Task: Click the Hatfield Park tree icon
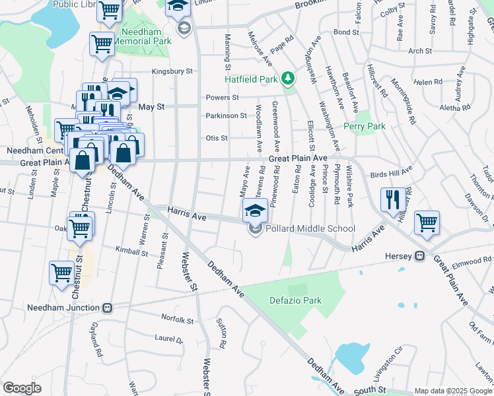coord(287,79)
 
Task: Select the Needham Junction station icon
coord(108,308)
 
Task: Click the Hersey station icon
coord(419,256)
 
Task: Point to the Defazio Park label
coord(295,300)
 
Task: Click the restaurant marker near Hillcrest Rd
coord(392,199)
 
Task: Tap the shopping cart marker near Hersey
coord(427,222)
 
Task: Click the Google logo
coord(22,388)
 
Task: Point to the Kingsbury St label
coord(172,71)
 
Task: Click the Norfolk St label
coord(177,320)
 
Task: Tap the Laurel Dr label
coord(168,340)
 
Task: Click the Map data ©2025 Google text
coord(452,391)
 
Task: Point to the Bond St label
coord(345,32)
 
